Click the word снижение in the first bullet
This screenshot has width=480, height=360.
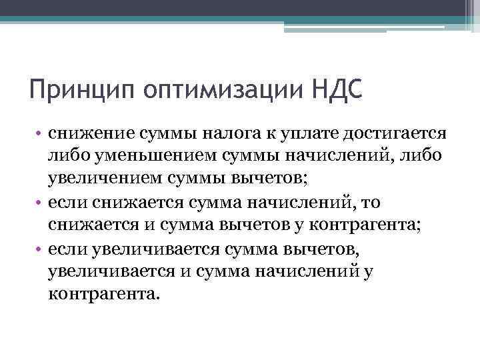82,133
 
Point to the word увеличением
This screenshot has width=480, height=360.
97,179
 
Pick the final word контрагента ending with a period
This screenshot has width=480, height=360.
104,293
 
